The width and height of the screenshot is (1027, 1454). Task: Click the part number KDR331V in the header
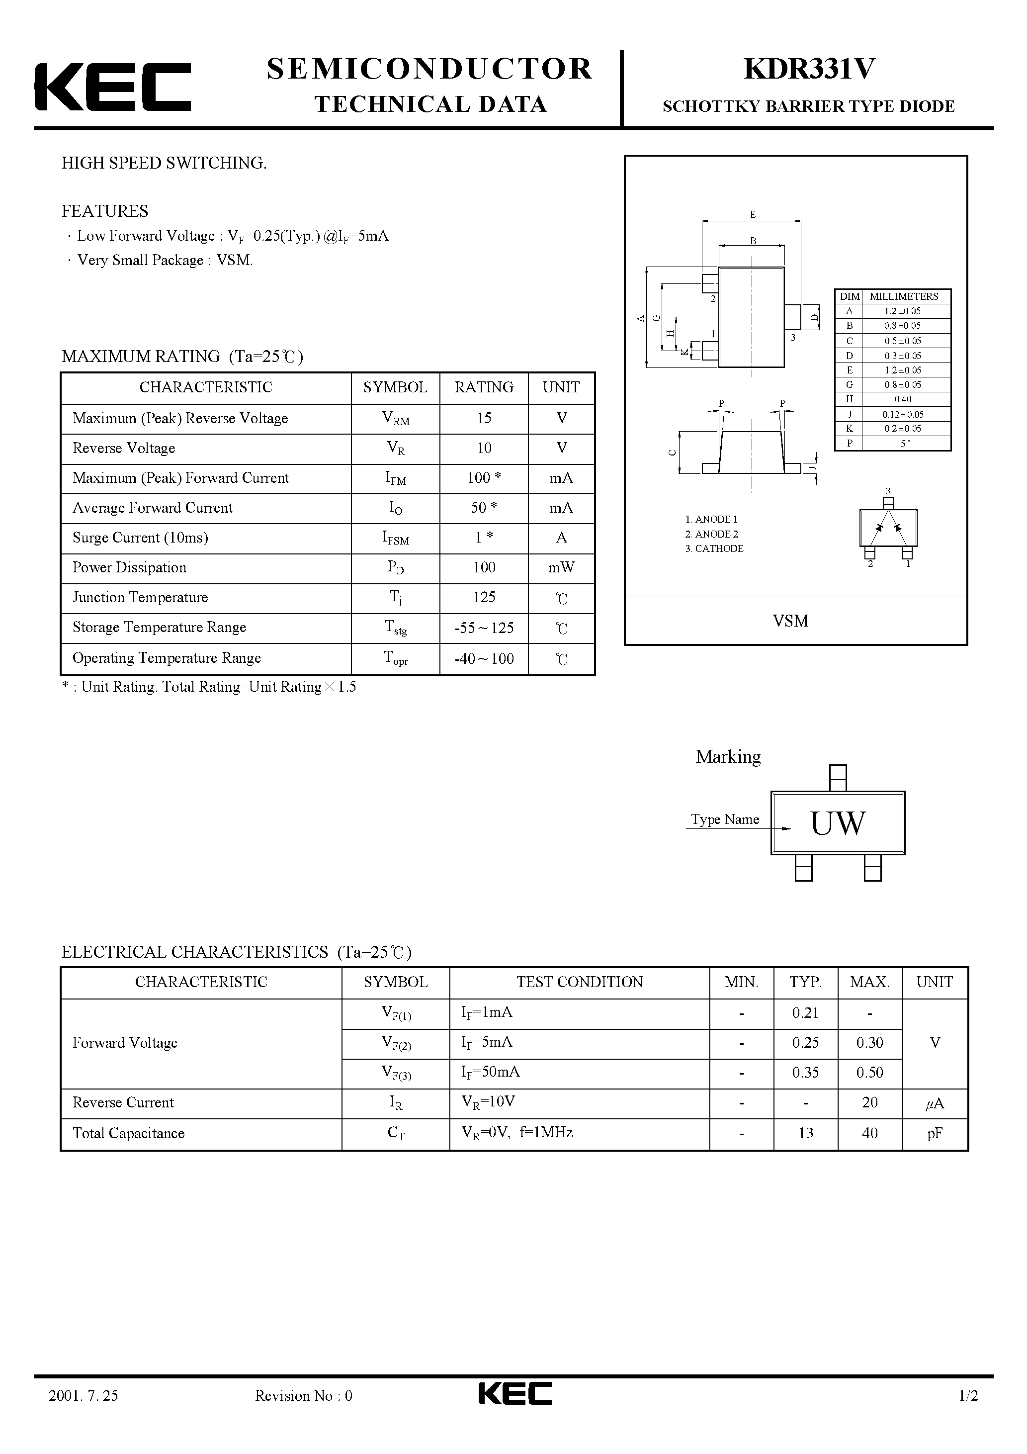point(809,69)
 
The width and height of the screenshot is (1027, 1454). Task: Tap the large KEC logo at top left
point(113,87)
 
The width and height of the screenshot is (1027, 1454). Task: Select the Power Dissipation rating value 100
point(484,567)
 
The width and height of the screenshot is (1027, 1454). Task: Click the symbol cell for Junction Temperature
point(395,597)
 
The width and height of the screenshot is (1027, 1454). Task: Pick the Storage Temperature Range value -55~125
point(484,628)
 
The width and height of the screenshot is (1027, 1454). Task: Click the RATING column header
point(484,387)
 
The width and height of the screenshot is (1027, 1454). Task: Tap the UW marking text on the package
point(837,823)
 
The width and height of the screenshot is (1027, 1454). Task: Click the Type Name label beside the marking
point(724,819)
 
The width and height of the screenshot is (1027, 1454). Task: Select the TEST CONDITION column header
point(579,982)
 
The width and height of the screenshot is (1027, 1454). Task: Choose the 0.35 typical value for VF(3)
point(805,1073)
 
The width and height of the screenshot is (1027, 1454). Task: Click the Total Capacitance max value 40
point(869,1133)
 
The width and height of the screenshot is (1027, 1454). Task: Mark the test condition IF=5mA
point(486,1042)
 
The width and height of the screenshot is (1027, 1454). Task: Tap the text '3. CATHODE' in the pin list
point(714,548)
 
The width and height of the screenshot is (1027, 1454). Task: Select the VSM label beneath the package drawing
point(790,621)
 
